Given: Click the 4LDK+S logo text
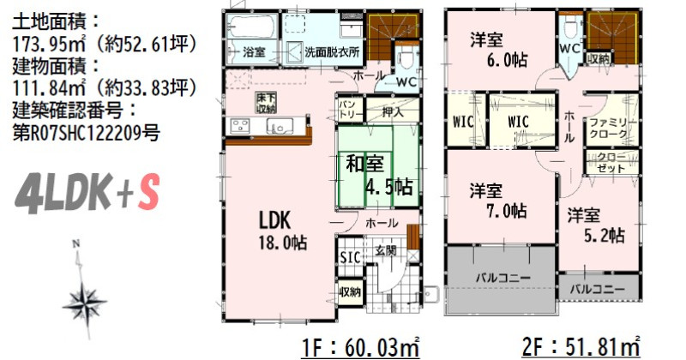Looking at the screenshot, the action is (x=87, y=193).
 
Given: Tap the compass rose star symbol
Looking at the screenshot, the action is (x=84, y=302).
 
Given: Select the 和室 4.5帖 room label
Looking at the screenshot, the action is (x=379, y=175).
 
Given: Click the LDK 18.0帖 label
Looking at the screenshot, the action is (x=283, y=231).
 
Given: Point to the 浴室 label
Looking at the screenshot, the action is (x=254, y=52).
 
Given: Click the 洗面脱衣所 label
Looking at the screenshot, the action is (x=332, y=52).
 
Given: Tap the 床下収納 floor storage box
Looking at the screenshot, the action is (x=266, y=103).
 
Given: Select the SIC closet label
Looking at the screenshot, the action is (x=351, y=257).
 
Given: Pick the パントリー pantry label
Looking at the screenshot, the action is (x=350, y=110).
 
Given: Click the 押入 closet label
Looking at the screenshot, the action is (x=393, y=111).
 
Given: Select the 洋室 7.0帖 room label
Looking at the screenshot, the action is (x=498, y=201).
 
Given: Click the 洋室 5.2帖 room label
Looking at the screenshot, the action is (x=596, y=225).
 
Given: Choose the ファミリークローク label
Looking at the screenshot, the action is (x=609, y=129).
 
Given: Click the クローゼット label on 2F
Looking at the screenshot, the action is (x=611, y=162).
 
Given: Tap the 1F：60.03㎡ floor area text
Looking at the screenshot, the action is (x=360, y=348).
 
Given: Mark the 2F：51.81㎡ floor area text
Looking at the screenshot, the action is (x=581, y=348).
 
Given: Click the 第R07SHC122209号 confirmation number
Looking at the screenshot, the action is (x=87, y=133).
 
